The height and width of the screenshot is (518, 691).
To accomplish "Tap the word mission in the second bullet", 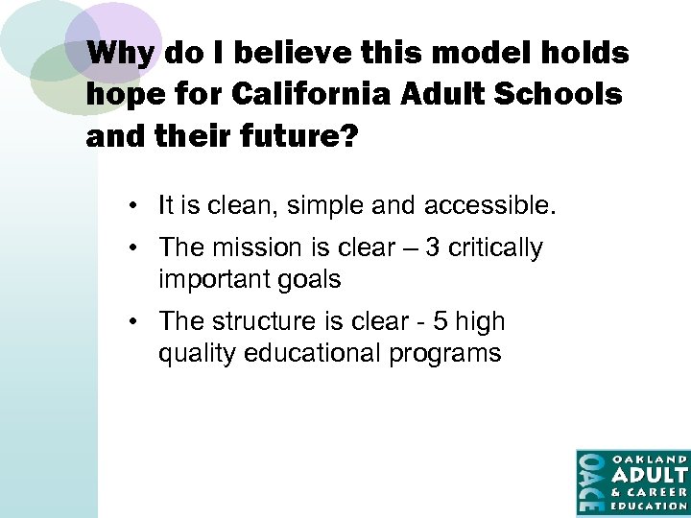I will tap(260, 247).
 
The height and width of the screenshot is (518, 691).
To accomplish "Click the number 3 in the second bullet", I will tap(433, 247).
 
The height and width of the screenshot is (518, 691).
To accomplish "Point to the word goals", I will tap(307, 279).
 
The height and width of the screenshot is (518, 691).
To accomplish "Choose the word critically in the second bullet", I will tap(496, 247).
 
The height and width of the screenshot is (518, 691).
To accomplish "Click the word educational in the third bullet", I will tap(313, 353).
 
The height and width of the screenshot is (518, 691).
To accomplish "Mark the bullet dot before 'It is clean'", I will tap(140, 205).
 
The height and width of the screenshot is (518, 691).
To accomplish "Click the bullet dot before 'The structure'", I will tap(140, 322).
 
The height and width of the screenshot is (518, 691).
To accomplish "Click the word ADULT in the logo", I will tap(650, 474).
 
